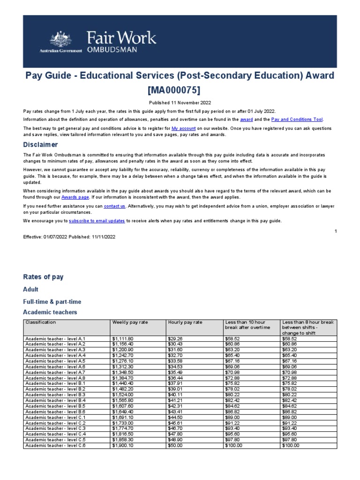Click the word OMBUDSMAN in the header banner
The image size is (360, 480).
click(110, 50)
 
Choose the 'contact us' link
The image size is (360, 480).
click(114, 206)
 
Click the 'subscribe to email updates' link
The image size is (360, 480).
click(97, 221)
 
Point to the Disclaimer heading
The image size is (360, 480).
click(41, 144)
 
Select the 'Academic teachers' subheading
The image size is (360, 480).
click(50, 312)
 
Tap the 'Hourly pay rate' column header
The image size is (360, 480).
click(185, 322)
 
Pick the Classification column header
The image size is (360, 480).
click(41, 322)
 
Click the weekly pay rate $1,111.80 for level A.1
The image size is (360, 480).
click(123, 338)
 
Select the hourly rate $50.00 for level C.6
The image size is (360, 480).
click(174, 445)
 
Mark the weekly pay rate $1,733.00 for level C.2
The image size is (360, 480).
click(123, 423)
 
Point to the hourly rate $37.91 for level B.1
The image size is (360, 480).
click(174, 383)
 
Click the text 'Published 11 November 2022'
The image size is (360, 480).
click(180, 103)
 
